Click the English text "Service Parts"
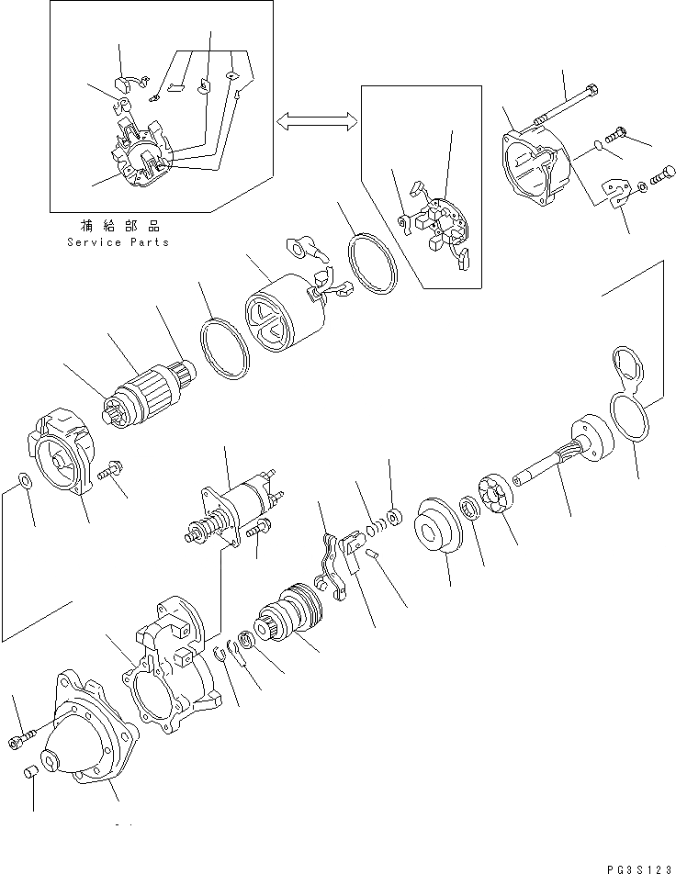point(118,242)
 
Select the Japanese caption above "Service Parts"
point(118,225)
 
